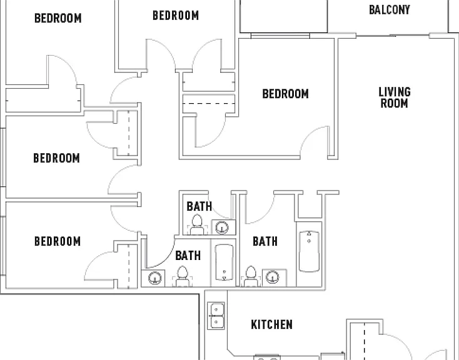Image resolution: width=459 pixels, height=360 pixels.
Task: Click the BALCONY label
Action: pyautogui.click(x=390, y=9)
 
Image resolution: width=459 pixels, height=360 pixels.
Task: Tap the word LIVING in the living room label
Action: pyautogui.click(x=395, y=92)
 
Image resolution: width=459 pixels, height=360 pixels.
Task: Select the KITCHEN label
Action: pyautogui.click(x=271, y=324)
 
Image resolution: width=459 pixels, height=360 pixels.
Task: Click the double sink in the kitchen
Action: pyautogui.click(x=216, y=316)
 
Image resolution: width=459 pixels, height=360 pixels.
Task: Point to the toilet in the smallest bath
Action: pyautogui.click(x=197, y=224)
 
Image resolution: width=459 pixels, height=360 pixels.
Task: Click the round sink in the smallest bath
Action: pyautogui.click(x=222, y=227)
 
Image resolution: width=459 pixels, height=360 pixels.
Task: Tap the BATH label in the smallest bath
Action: pyautogui.click(x=199, y=206)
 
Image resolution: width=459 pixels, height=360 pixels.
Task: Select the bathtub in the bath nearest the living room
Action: pyautogui.click(x=309, y=251)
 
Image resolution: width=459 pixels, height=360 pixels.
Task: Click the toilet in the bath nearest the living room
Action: pyautogui.click(x=251, y=276)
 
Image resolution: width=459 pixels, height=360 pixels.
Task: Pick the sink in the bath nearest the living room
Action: pyautogui.click(x=273, y=277)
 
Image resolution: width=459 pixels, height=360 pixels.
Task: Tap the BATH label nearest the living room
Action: pyautogui.click(x=265, y=241)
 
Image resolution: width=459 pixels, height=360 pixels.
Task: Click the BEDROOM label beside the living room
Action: pyautogui.click(x=285, y=94)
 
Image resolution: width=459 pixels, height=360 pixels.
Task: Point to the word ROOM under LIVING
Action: pyautogui.click(x=395, y=103)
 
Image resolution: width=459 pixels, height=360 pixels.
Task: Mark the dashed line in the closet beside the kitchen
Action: pyautogui.click(x=365, y=341)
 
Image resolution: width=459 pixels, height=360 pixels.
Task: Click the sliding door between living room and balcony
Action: pyautogui.click(x=393, y=36)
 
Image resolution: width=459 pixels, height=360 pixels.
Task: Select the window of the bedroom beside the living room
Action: pyautogui.click(x=280, y=36)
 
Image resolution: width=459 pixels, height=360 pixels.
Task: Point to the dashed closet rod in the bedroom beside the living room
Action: pyautogui.click(x=209, y=103)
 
